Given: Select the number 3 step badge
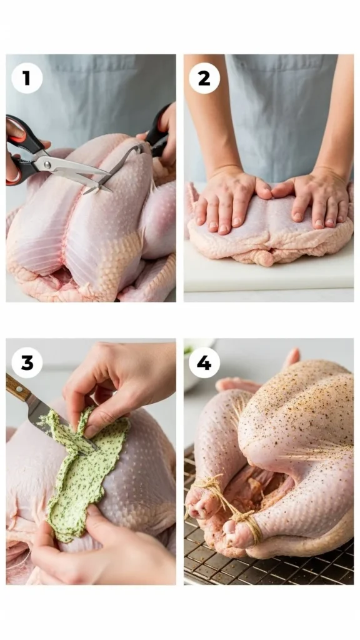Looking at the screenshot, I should tap(27, 362).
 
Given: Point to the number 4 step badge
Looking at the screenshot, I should tap(204, 362).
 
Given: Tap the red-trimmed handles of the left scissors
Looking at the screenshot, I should tap(19, 150).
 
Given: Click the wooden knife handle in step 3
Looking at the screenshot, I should tap(17, 388).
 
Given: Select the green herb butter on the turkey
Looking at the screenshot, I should tap(84, 475).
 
